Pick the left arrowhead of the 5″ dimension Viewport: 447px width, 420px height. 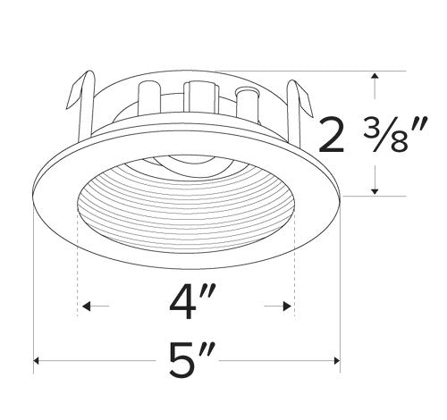click(x=38, y=362)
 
